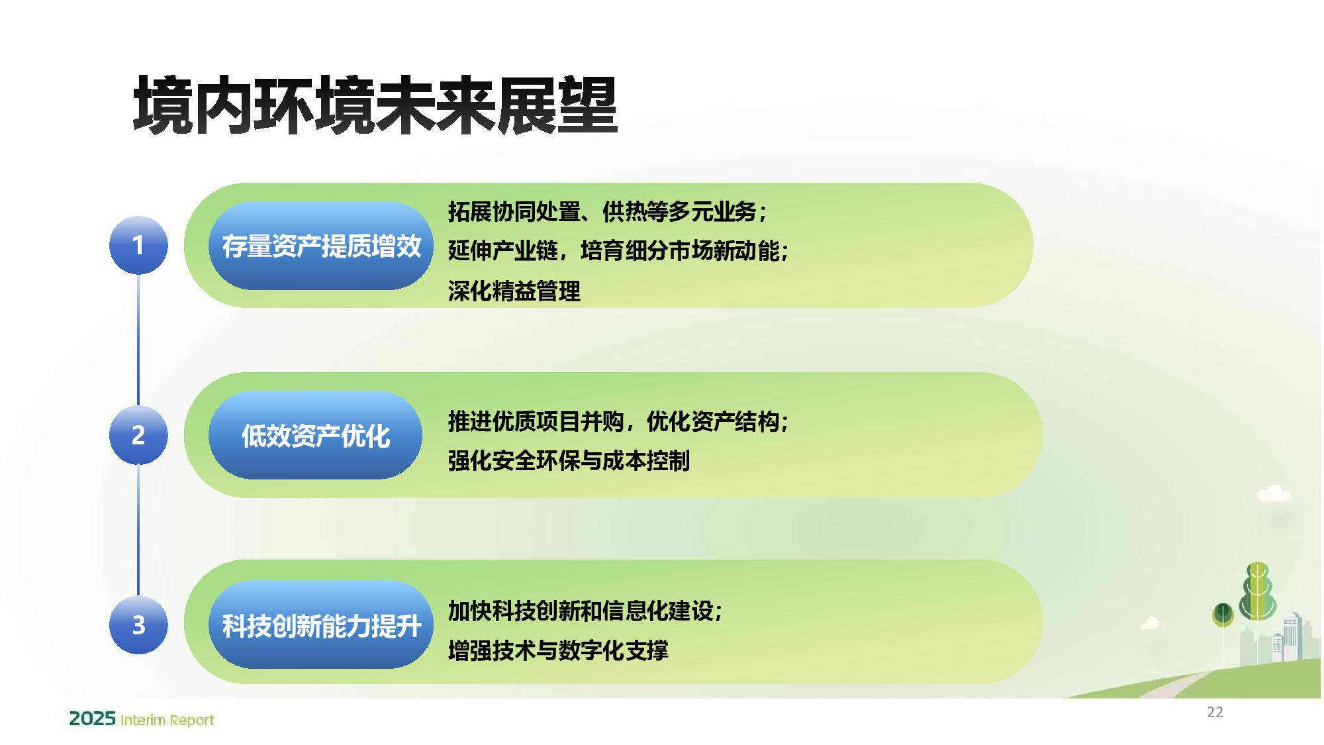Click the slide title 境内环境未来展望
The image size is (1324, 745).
[x=375, y=105]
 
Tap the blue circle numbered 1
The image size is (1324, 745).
[x=138, y=245]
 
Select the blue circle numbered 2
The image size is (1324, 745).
[x=138, y=435]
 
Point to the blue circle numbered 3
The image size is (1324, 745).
[x=138, y=624]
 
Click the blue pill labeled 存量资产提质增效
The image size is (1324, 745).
[x=321, y=246]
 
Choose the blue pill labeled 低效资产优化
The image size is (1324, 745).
[x=315, y=435]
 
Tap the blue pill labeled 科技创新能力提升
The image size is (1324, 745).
[x=321, y=624]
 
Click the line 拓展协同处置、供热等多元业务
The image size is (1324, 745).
[x=607, y=212]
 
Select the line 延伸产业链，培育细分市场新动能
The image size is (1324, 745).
[x=618, y=251]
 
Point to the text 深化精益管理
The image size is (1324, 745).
[x=514, y=291]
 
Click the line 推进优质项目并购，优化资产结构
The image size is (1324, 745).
[x=618, y=421]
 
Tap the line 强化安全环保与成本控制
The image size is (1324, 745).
[x=569, y=460]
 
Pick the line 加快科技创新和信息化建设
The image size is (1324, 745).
[x=585, y=611]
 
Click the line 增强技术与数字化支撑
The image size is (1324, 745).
[x=558, y=650]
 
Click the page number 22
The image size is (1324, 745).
[x=1215, y=712]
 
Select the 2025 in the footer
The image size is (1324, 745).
[x=93, y=719]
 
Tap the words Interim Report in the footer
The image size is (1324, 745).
[x=167, y=720]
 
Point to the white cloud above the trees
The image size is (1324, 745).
[x=1274, y=494]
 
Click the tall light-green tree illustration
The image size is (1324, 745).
[x=1257, y=593]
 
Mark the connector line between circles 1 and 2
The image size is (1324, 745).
[x=138, y=340]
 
